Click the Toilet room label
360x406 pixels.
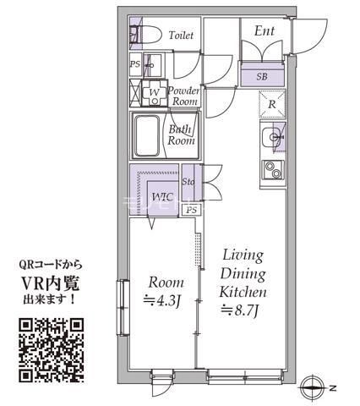[x=181, y=36]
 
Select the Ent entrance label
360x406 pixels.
[x=265, y=31]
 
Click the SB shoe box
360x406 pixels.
[x=262, y=75]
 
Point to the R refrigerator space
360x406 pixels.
[x=273, y=104]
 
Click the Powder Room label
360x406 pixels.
[x=183, y=96]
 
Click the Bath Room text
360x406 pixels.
[x=181, y=135]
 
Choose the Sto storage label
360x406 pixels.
[x=189, y=182]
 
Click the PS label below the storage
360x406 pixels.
[x=192, y=209]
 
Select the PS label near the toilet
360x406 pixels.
[x=135, y=63]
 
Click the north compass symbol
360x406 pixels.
[x=317, y=387]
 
